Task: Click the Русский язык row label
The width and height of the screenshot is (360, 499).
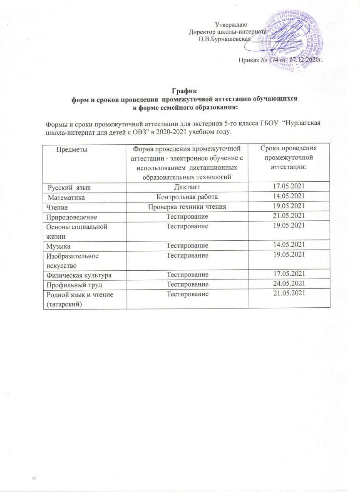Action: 68,187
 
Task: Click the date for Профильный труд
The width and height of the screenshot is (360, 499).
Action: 288,284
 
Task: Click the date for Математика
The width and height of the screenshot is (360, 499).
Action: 288,196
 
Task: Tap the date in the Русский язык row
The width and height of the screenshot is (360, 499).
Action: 288,187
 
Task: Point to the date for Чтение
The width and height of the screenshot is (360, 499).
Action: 288,206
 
